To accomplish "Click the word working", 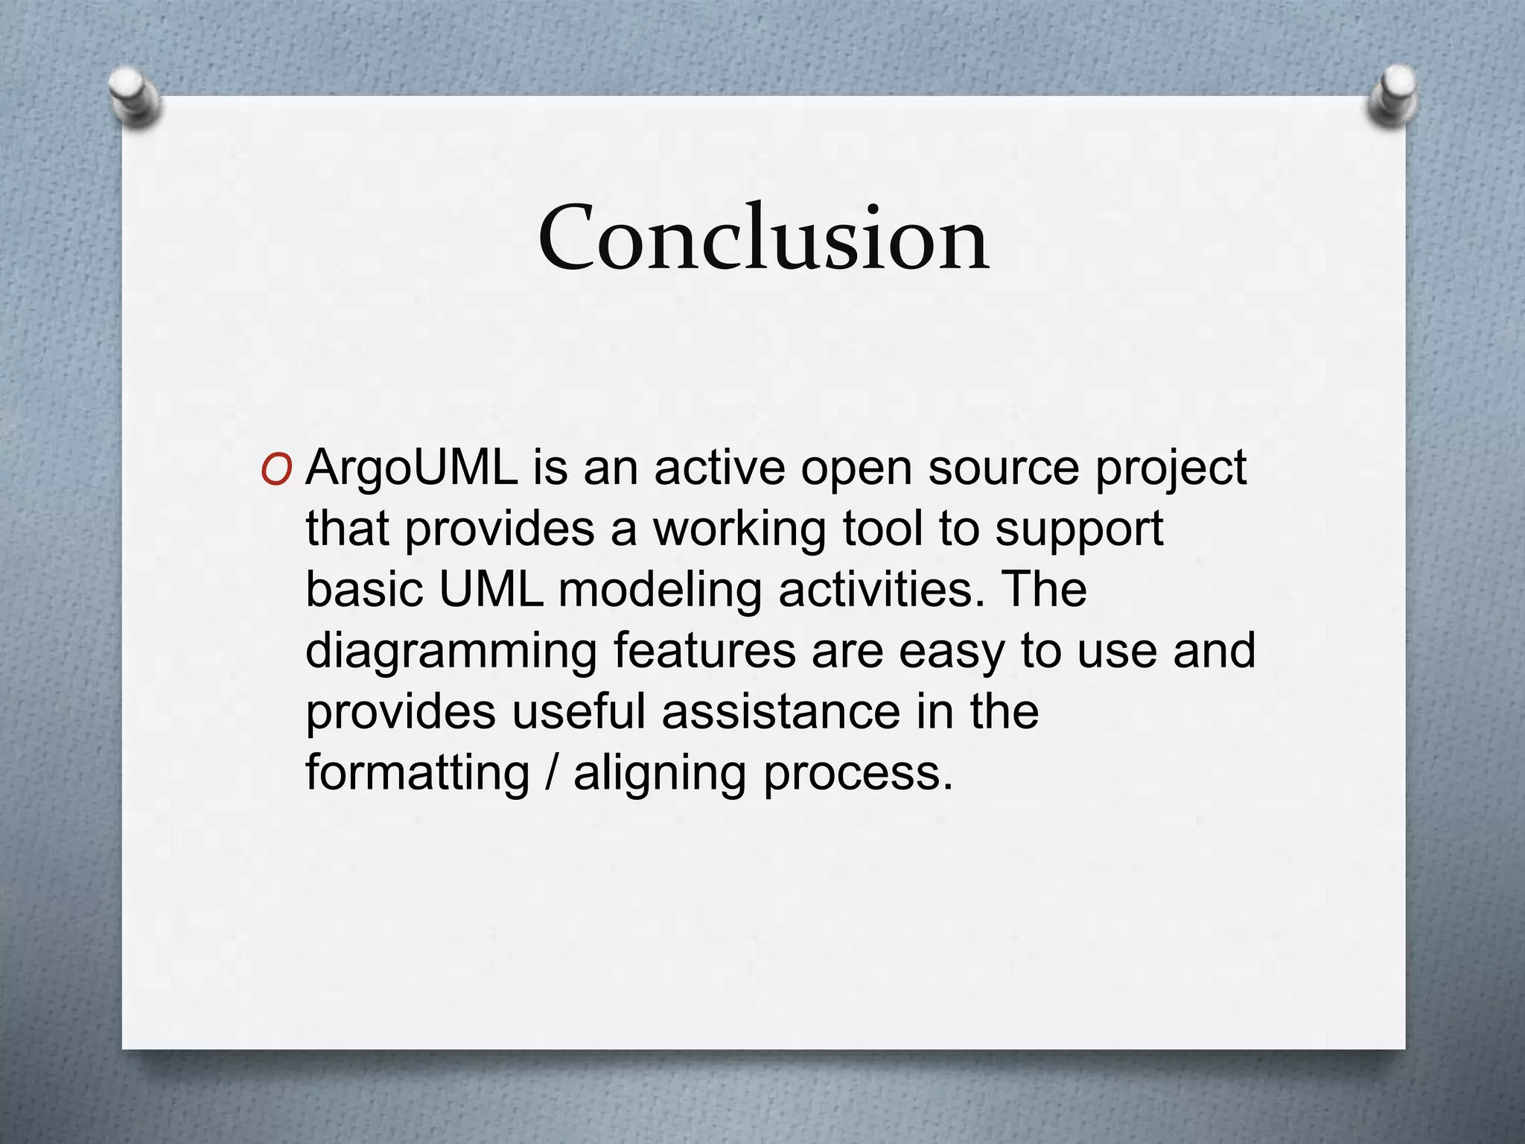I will (x=739, y=530).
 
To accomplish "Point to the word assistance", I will (x=780, y=711).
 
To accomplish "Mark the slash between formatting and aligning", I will (x=551, y=773).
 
